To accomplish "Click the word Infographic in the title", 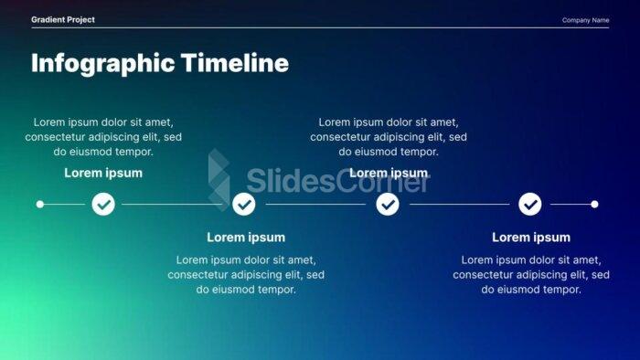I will (102, 63).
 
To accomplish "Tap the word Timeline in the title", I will (234, 63).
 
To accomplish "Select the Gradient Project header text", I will (62, 19).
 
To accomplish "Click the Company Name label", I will (585, 20).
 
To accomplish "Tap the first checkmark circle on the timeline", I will (103, 204).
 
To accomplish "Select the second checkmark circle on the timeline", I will (244, 204).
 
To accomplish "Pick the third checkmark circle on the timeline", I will (389, 204).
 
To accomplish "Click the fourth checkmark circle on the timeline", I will (530, 204).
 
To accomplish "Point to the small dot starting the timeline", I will (39, 204).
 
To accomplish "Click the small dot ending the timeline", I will (594, 204).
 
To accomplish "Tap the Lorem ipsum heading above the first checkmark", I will (103, 173).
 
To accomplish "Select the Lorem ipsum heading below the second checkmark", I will (246, 238).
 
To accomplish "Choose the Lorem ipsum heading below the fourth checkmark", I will (531, 238).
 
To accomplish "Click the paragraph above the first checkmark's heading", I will (103, 137).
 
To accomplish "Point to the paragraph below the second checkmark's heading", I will (246, 274).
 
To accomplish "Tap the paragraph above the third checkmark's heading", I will (389, 137).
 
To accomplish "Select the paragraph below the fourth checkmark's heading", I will (531, 274).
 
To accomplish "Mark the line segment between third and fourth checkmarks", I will (459, 204).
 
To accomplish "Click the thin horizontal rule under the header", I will (320, 28).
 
